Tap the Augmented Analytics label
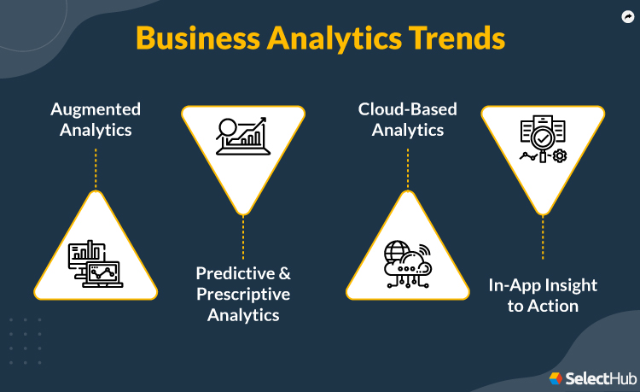pyautogui.click(x=96, y=120)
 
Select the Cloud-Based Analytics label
pyautogui.click(x=407, y=120)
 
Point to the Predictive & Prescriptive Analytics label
pyautogui.click(x=243, y=294)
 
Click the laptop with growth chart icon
pyautogui.click(x=243, y=137)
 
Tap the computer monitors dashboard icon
pyautogui.click(x=96, y=263)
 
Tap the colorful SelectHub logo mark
pyautogui.click(x=556, y=377)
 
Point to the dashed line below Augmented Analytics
pyautogui.click(x=96, y=168)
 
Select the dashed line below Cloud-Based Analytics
pyautogui.click(x=407, y=168)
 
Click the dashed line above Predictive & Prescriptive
pyautogui.click(x=243, y=237)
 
